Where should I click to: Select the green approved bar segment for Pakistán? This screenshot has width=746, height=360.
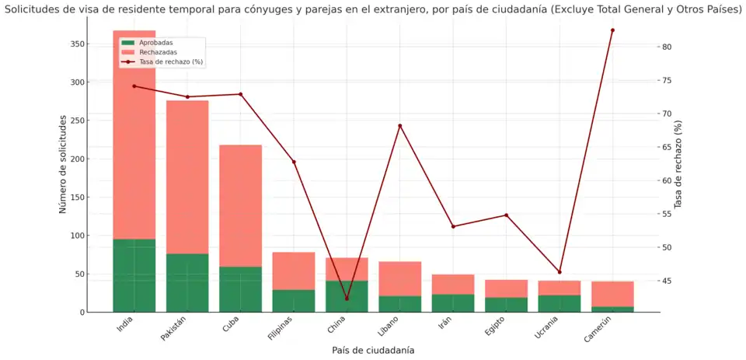coord(187,283)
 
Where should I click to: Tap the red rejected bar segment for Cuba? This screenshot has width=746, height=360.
coord(240,206)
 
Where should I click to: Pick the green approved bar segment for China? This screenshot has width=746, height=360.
coord(347,296)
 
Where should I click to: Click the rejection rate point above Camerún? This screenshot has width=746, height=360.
coord(612,30)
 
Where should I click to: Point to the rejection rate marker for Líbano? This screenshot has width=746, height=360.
coord(400,126)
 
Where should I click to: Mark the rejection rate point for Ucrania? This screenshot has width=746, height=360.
coord(559,272)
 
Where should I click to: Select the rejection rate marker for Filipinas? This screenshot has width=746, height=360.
coord(294,162)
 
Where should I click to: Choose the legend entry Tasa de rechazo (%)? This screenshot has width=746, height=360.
coord(171,61)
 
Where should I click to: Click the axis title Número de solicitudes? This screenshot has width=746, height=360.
coord(64,163)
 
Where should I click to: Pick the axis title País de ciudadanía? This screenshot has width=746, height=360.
coord(373,351)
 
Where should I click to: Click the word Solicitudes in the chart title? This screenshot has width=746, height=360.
coord(31,9)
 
